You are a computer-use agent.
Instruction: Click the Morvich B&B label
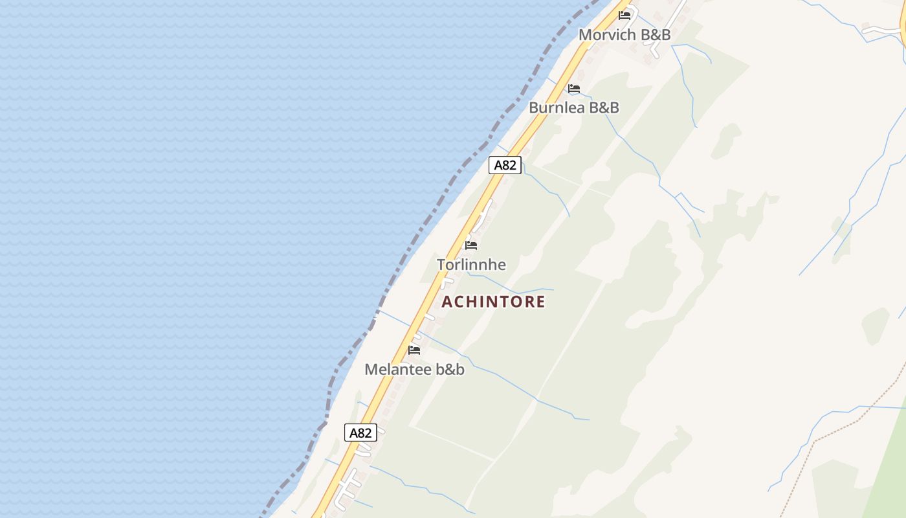tap(624, 35)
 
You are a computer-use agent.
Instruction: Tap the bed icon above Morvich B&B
tap(624, 15)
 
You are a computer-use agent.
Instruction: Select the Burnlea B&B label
tap(574, 107)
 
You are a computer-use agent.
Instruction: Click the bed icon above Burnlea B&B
tap(574, 89)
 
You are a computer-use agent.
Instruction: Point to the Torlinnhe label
tap(471, 265)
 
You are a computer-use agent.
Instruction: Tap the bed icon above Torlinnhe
tap(471, 245)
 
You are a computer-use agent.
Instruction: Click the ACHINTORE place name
tap(494, 302)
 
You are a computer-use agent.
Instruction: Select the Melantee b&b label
tap(414, 370)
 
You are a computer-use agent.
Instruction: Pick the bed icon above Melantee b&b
tap(414, 350)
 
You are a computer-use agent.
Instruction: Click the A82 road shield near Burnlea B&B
tap(505, 165)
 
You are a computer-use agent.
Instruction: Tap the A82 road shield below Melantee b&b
tap(360, 433)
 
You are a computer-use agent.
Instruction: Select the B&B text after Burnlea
tap(604, 107)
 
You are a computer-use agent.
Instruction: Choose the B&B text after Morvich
tap(655, 35)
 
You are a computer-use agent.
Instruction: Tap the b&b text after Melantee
tap(450, 370)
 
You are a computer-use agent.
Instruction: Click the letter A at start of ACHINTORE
tap(447, 302)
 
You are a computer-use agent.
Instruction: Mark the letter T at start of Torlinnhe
tap(441, 265)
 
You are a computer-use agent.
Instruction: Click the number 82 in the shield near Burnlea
tap(509, 165)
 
